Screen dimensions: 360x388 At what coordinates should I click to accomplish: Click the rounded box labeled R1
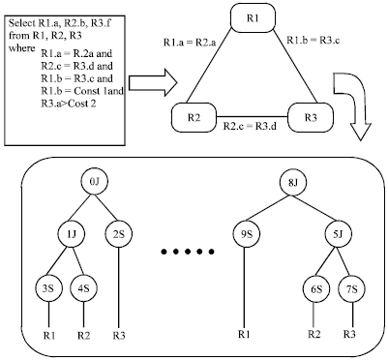pos(253,18)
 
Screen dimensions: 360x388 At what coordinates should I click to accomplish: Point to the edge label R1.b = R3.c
pos(313,41)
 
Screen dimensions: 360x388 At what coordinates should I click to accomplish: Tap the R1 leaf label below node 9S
pos(245,333)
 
